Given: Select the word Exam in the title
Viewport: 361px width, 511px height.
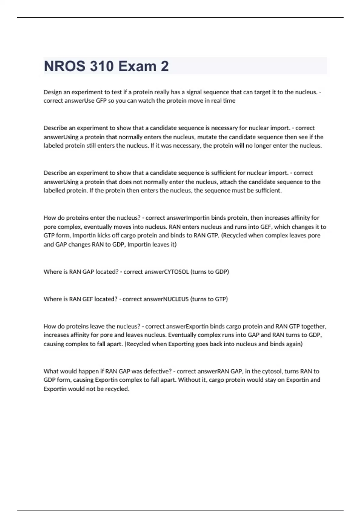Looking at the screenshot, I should pos(135,66).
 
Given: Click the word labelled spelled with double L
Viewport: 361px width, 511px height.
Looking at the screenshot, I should pos(54,191).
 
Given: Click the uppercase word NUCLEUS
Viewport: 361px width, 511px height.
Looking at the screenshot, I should pos(176,299).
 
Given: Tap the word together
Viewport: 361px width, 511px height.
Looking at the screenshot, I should pos(314,326).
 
